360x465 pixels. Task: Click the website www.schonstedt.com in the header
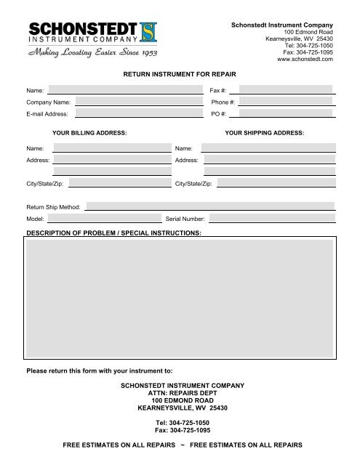click(x=305, y=59)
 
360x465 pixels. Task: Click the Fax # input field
click(x=286, y=89)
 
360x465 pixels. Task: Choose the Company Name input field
click(x=138, y=102)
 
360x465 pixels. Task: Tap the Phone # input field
click(x=286, y=102)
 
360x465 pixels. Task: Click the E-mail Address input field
click(x=138, y=114)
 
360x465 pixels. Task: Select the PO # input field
click(x=286, y=114)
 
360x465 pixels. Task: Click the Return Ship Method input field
click(x=209, y=206)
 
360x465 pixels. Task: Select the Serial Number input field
click(x=273, y=218)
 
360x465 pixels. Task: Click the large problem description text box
click(x=180, y=297)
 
